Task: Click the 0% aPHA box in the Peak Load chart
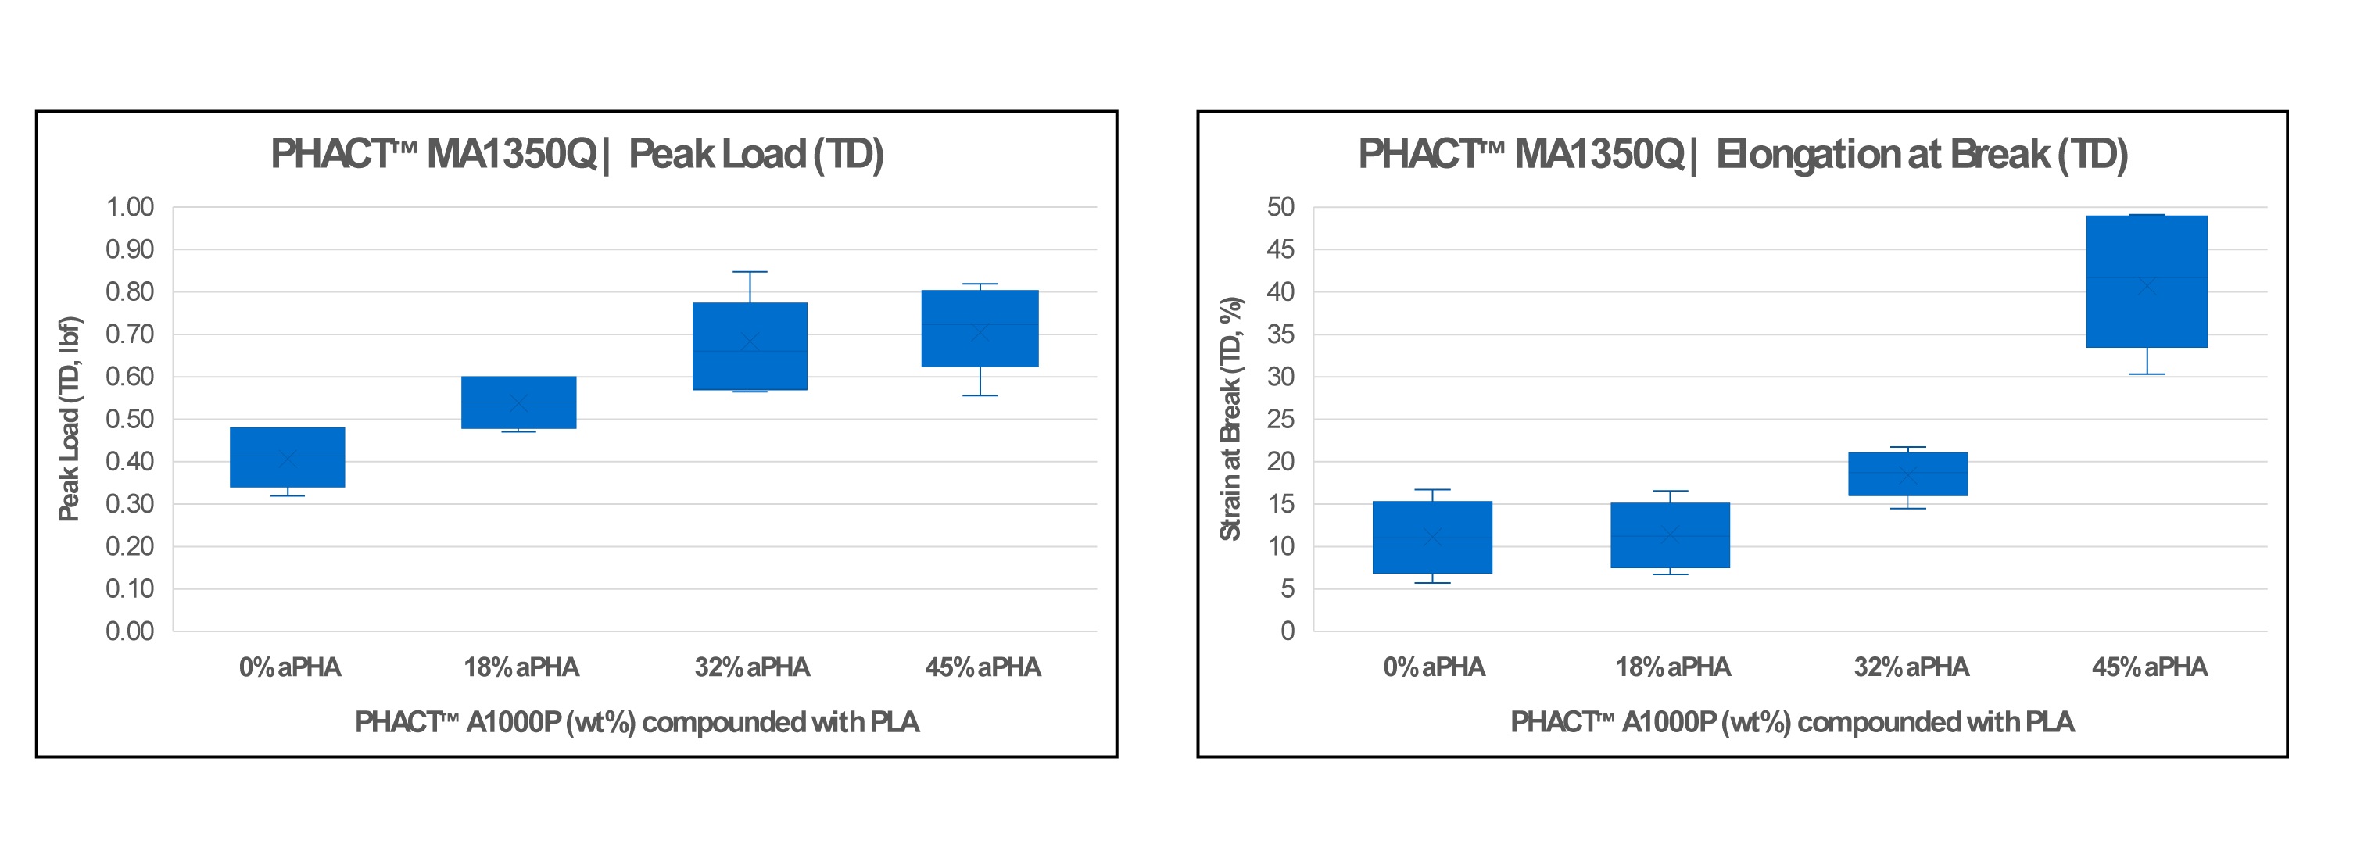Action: [287, 457]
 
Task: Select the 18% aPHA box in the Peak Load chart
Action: [518, 402]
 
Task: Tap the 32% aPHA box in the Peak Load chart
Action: [750, 346]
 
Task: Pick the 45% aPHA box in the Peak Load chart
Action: [980, 328]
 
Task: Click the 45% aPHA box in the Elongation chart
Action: [2147, 281]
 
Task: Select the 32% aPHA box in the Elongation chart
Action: [1908, 474]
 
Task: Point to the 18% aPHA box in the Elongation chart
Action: [1671, 535]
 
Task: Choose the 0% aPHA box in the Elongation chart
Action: [1432, 537]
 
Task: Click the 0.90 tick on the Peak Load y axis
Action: [131, 249]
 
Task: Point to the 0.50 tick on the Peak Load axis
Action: [131, 419]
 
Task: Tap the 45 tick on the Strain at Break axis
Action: [1281, 249]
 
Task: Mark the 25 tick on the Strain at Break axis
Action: [1281, 419]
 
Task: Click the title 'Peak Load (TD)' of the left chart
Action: [576, 154]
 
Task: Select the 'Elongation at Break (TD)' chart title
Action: [1743, 154]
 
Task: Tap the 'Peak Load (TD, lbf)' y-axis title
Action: [70, 419]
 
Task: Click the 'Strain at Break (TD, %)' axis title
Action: [1230, 419]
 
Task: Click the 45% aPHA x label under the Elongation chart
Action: [2149, 667]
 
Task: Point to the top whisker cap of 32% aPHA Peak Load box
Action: [750, 271]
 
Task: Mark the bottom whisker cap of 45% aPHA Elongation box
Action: [2147, 374]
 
